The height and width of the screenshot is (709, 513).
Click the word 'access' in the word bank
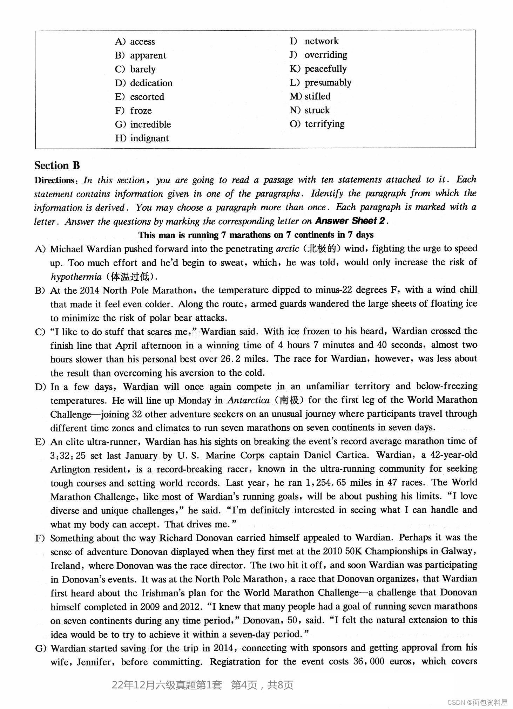pyautogui.click(x=142, y=42)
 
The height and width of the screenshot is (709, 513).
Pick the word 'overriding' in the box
pyautogui.click(x=326, y=55)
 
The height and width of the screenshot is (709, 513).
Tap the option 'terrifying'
pyautogui.click(x=324, y=124)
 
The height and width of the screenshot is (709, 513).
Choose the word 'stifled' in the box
pyautogui.click(x=317, y=96)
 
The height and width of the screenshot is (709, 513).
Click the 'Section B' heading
pyautogui.click(x=57, y=165)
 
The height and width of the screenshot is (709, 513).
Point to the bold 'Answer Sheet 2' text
pyautogui.click(x=350, y=221)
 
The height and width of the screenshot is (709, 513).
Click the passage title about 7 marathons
pyautogui.click(x=256, y=235)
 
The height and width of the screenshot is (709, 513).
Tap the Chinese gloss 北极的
pyautogui.click(x=322, y=248)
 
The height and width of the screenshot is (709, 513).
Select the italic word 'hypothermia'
pyautogui.click(x=76, y=277)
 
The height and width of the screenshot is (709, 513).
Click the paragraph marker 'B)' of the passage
pyautogui.click(x=40, y=290)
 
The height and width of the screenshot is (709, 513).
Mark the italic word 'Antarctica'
pyautogui.click(x=248, y=400)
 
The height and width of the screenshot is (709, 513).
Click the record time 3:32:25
pyautogui.click(x=68, y=456)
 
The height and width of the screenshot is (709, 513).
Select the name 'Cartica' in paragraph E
pyautogui.click(x=351, y=455)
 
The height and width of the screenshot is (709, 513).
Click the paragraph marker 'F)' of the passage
pyautogui.click(x=40, y=538)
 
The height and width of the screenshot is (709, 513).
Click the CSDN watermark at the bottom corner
pyautogui.click(x=478, y=702)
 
